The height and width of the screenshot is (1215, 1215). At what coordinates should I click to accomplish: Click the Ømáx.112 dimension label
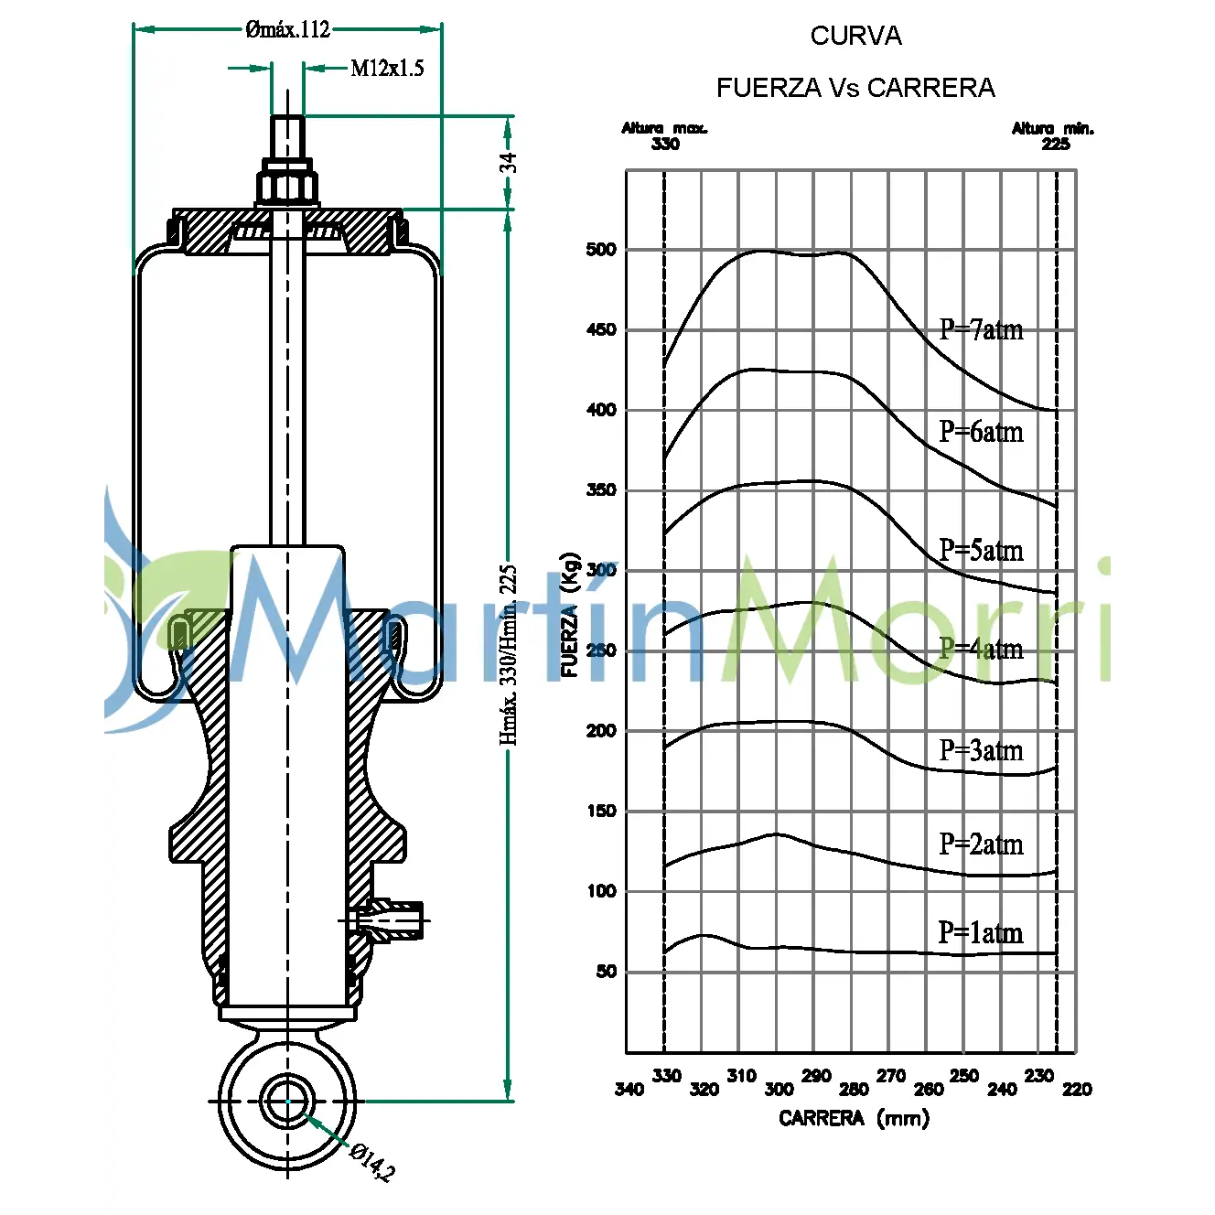click(287, 29)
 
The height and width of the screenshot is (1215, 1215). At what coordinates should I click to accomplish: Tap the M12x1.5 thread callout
click(387, 68)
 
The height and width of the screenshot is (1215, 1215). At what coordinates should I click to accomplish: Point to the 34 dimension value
click(508, 163)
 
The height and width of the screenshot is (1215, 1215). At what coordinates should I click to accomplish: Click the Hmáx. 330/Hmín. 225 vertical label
click(509, 654)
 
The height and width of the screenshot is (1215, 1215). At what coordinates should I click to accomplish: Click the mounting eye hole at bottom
click(287, 1102)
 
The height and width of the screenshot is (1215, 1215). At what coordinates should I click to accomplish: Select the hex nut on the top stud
click(287, 187)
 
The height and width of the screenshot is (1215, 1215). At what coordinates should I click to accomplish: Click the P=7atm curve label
click(981, 329)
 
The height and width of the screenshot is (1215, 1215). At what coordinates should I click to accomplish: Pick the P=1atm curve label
click(981, 932)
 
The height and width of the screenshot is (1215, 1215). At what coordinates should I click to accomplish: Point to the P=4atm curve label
click(981, 649)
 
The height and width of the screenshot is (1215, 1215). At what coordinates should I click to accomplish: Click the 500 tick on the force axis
click(601, 249)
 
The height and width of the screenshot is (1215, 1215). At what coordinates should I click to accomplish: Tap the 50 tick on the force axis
click(606, 971)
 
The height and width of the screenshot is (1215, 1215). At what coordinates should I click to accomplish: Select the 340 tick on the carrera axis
click(629, 1089)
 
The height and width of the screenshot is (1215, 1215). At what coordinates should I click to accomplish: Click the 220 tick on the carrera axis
click(1077, 1089)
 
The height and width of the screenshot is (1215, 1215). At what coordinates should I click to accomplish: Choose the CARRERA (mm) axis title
click(854, 1118)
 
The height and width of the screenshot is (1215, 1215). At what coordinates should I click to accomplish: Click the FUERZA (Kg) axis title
click(570, 615)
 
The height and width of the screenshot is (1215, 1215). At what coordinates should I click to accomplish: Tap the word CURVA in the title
click(855, 36)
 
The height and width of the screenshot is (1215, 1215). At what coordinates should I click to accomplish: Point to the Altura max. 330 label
click(665, 135)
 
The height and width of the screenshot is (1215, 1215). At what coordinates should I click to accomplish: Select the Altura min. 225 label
click(1053, 135)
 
